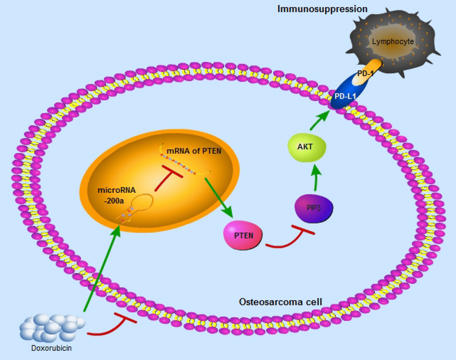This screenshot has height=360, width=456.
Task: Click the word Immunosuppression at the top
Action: [322, 8]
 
